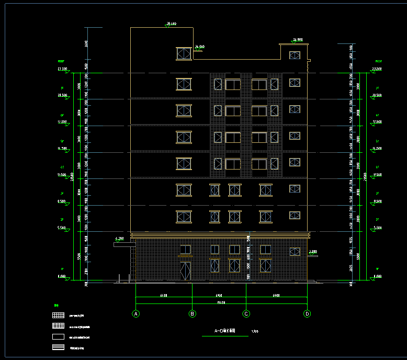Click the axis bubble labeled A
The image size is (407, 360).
pyautogui.click(x=136, y=314)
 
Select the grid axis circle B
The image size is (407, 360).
pyautogui.click(x=193, y=314)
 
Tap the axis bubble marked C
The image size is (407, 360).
pyautogui.click(x=246, y=314)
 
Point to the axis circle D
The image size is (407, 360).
pyautogui.click(x=307, y=314)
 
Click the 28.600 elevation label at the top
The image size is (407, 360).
pyautogui.click(x=171, y=24)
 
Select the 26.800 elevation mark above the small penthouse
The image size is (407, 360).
pyautogui.click(x=298, y=40)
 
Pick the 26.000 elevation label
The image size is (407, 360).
pyautogui.click(x=199, y=47)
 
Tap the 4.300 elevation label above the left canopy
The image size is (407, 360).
pyautogui.click(x=119, y=239)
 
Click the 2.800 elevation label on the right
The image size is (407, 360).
pyautogui.click(x=313, y=252)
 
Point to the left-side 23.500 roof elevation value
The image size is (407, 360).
pyautogui.click(x=62, y=69)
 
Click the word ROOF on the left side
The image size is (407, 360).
pyautogui.click(x=61, y=61)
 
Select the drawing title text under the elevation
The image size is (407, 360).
pyautogui.click(x=225, y=331)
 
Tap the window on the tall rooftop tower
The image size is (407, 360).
pyautogui.click(x=184, y=53)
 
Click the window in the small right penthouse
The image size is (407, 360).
pyautogui.click(x=295, y=55)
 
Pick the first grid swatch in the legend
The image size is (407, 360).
pyautogui.click(x=58, y=316)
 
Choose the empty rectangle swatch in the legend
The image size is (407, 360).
pyautogui.click(x=58, y=337)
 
